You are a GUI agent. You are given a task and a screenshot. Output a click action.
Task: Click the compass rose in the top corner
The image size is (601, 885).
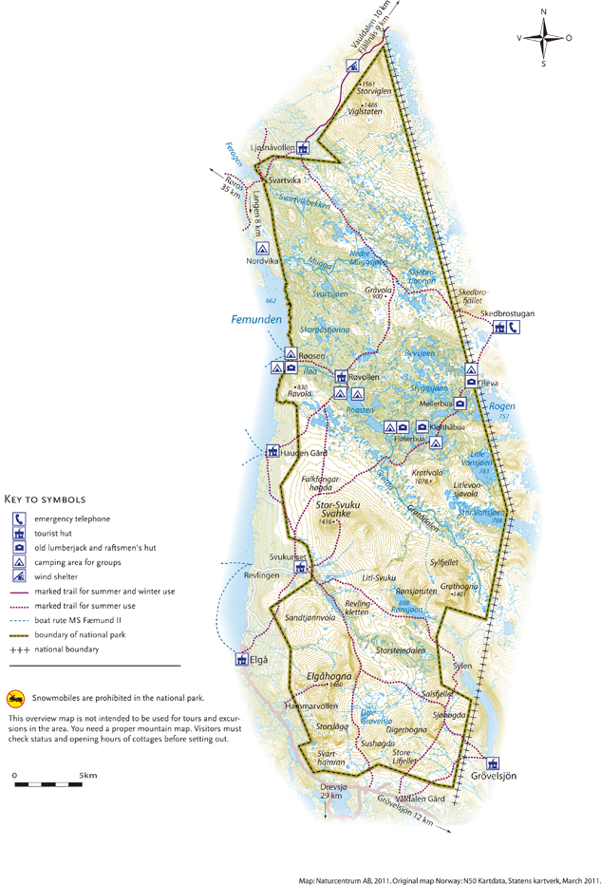[543, 39]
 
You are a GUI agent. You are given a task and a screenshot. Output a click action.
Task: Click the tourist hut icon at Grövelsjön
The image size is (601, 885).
[493, 763]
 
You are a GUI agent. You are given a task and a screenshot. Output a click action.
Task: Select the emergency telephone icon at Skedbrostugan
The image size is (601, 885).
[514, 328]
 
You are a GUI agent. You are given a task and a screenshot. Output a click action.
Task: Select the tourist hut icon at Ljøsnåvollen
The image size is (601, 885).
[302, 147]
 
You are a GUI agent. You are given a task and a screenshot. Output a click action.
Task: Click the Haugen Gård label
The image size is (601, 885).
[304, 453]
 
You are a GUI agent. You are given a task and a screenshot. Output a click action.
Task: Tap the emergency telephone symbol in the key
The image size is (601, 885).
[19, 518]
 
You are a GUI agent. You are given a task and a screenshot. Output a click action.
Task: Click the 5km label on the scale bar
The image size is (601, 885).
[88, 776]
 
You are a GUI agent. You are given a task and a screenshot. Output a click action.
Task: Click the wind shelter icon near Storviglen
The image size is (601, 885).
[351, 66]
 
